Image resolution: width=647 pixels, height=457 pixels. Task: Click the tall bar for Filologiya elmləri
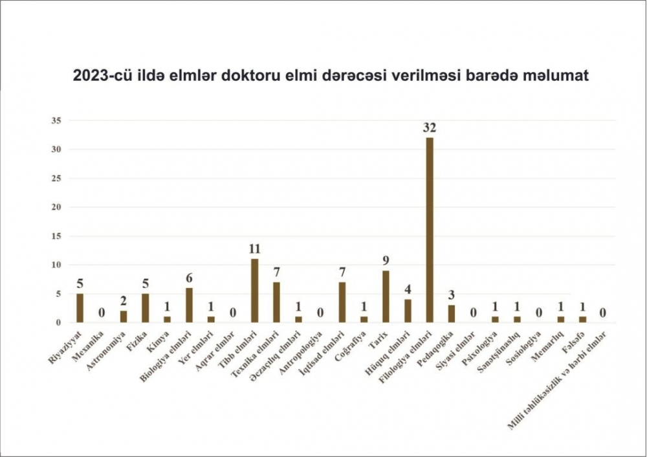pos(429,230)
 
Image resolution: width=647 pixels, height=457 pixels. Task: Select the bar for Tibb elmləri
pos(254,291)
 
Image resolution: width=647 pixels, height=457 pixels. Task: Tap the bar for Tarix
pos(386,296)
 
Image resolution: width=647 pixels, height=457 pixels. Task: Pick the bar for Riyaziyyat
pos(80,308)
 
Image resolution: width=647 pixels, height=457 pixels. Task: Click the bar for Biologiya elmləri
pos(189,305)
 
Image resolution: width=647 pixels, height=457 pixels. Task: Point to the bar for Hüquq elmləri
pos(408,311)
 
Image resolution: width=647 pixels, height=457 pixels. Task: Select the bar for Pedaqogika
pos(452,314)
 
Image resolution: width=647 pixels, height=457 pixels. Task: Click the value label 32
pos(429,128)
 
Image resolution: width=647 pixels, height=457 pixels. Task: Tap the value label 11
pos(254,249)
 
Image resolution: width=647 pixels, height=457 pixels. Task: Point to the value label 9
pos(386,261)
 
